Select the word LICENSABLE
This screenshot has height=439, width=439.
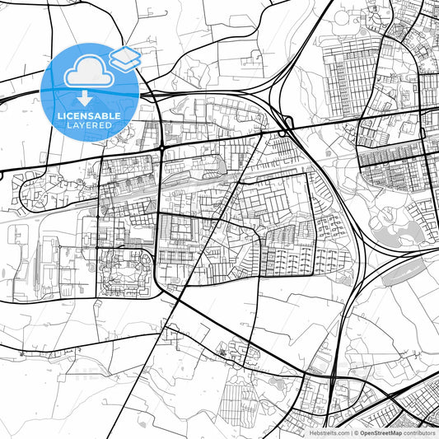coord(88,116)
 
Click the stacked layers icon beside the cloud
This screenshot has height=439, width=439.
coord(124,58)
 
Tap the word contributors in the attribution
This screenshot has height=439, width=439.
coord(420,432)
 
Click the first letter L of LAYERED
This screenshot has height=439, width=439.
coord(67,125)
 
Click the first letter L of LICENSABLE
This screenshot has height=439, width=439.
coord(58,116)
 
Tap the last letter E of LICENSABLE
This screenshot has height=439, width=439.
coord(119,116)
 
